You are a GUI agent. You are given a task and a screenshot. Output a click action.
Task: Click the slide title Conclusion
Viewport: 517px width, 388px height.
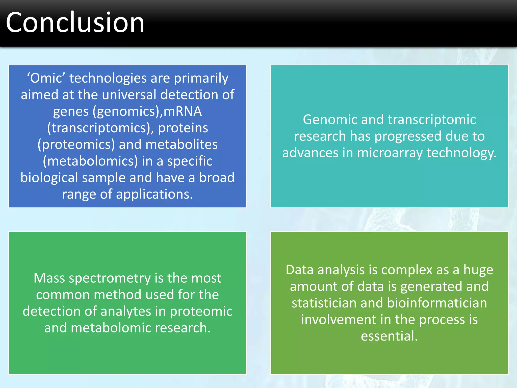click(75, 23)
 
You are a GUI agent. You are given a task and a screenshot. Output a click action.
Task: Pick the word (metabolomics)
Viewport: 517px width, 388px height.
click(90, 161)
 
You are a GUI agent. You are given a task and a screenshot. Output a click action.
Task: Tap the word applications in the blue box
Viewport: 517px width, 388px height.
click(154, 194)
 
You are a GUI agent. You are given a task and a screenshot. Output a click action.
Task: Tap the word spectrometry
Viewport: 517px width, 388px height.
click(110, 278)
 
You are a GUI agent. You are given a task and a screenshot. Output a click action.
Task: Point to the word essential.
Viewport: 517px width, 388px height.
click(389, 336)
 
